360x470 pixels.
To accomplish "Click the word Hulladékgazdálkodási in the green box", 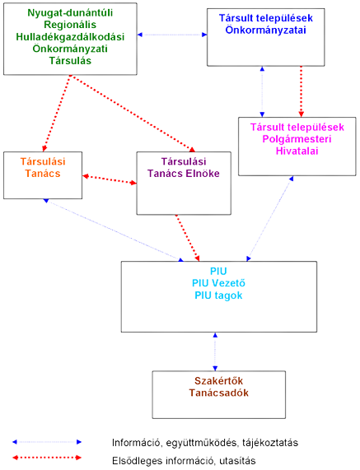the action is point(70,37).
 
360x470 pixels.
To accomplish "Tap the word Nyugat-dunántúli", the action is point(70,13).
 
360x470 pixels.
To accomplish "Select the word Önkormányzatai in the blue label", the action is point(266,30).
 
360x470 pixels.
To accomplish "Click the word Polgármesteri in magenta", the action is point(297,139).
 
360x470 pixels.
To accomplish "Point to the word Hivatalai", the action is point(297,151).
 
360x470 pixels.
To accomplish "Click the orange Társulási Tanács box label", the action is point(43,168).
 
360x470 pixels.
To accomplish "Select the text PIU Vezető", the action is point(218,283).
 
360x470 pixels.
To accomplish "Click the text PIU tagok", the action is point(218,295).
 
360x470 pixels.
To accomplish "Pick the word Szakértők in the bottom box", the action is point(218,381).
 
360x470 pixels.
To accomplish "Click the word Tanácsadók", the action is point(218,393).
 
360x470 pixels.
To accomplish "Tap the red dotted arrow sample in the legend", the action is point(47,458).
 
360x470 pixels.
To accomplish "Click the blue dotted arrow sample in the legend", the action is point(47,442).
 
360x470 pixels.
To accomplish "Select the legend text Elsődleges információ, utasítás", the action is point(184,461).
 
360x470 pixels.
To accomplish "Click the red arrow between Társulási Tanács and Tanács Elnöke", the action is point(110,179).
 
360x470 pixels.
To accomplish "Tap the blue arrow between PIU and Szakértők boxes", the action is point(215,351).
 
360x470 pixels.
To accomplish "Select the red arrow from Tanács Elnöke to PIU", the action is point(188,238).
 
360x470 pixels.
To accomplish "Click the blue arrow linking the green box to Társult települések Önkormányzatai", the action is point(172,35).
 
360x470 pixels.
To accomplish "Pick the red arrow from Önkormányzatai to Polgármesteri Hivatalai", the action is point(302,91).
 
